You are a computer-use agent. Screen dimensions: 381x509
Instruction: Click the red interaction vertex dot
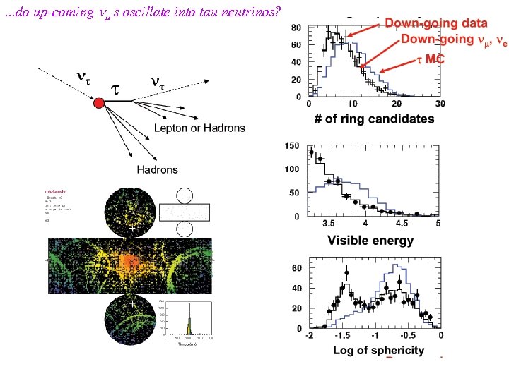click(x=99, y=103)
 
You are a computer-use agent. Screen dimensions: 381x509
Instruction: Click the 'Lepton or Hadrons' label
click(x=200, y=128)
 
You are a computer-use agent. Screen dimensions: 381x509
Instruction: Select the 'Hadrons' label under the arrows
click(x=157, y=169)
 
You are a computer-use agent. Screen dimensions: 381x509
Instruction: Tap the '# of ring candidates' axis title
click(x=375, y=119)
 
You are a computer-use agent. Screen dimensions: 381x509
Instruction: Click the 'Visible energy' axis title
click(x=370, y=241)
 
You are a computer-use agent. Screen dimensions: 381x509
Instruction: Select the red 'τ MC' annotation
click(x=429, y=59)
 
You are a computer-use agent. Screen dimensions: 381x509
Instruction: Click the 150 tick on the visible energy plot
click(x=291, y=146)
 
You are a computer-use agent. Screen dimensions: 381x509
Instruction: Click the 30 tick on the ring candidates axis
click(x=440, y=103)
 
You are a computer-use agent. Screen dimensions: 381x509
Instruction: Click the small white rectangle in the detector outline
click(x=185, y=212)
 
